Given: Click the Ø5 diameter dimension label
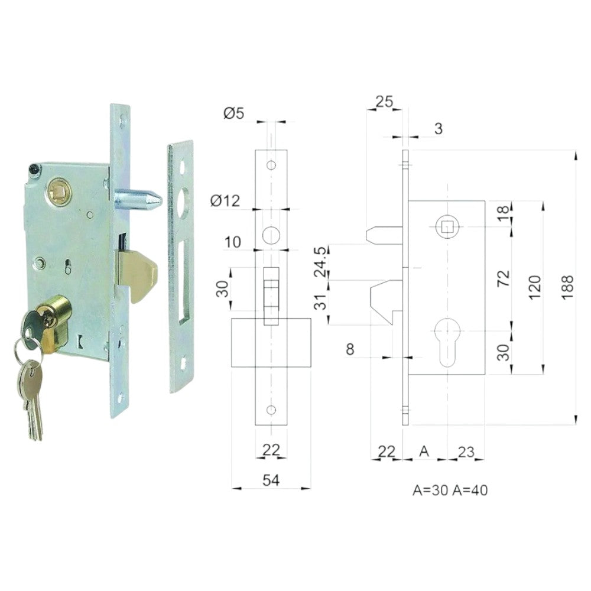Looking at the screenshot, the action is [233, 113].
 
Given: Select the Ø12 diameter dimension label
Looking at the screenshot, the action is [225, 201].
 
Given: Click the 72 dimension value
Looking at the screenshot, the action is [504, 278].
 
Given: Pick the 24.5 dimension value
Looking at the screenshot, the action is [321, 262].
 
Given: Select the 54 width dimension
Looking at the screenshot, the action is [271, 480].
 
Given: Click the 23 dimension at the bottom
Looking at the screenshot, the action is [466, 452].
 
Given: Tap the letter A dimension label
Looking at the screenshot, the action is [424, 451].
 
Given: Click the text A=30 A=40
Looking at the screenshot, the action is [450, 490].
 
